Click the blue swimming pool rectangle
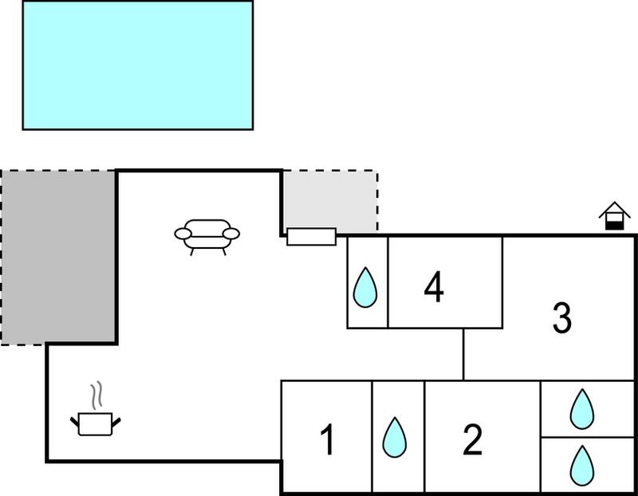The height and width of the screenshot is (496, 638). tap(137, 65)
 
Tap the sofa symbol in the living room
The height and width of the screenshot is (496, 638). tap(207, 237)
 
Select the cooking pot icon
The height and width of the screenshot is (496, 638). tap(95, 424)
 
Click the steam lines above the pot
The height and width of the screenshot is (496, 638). tap(96, 395)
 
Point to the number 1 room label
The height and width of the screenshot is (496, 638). tap(328, 439)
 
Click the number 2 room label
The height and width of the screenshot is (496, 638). tap(472, 439)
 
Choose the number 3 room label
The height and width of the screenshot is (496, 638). tap(562, 318)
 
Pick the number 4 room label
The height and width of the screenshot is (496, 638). tap(434, 287)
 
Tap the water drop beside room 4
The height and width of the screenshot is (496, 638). tap(365, 287)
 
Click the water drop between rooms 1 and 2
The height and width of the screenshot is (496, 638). tap(395, 438)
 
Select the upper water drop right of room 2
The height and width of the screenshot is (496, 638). tap(582, 409)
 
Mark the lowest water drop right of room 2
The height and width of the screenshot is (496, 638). tap(582, 466)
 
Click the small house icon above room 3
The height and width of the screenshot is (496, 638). tap(614, 215)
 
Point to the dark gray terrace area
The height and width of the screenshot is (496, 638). tap(58, 257)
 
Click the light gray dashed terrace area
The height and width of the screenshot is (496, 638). tap(330, 201)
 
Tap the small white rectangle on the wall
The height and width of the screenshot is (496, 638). tap(312, 237)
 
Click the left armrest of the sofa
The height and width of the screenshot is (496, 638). tap(183, 234)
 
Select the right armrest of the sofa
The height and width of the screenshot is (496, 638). tap(231, 234)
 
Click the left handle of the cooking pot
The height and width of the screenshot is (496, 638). tap(74, 423)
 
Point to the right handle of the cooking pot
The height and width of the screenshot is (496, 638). tap(116, 423)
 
